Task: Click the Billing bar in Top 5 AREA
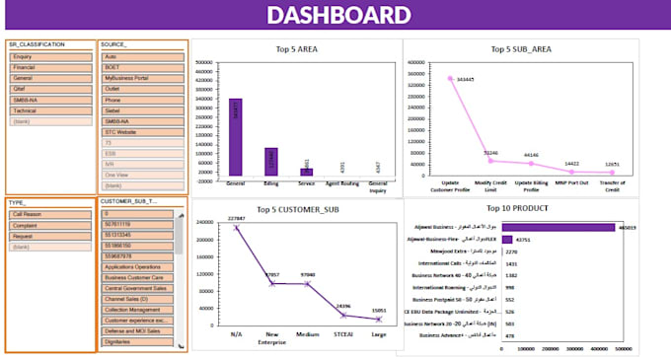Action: (271, 162)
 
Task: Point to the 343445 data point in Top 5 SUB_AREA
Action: (451, 79)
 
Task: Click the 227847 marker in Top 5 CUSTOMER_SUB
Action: (236, 228)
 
